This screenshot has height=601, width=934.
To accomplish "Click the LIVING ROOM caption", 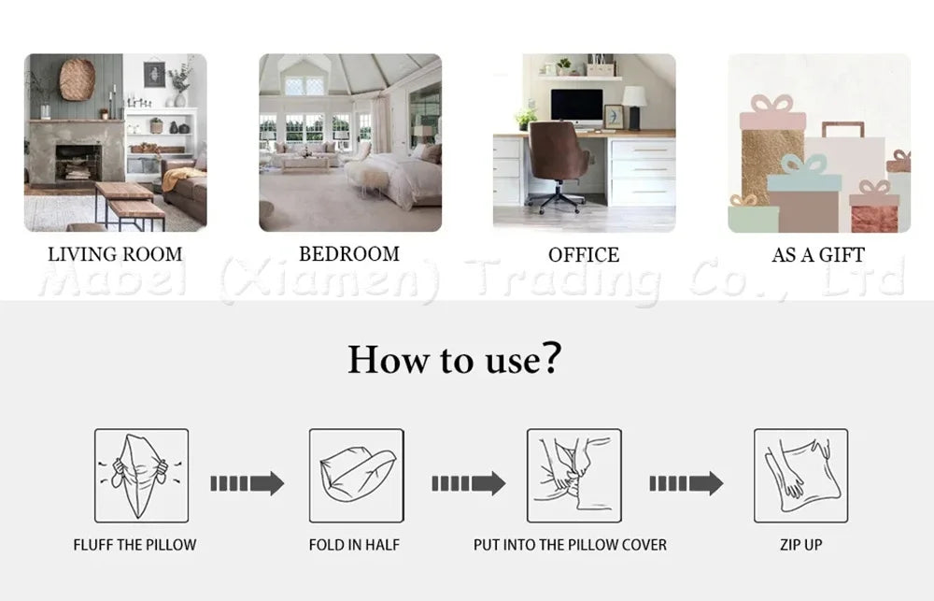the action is click(115, 254).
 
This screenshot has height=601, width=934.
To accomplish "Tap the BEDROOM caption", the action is click(349, 254).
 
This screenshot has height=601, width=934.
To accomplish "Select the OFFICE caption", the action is click(584, 255).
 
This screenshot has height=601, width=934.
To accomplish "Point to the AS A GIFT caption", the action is click(818, 255).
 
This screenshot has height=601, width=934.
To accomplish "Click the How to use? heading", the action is click(455, 359).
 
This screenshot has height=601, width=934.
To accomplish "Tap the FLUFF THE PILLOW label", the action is click(134, 545).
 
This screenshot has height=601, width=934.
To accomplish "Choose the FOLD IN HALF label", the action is click(354, 545).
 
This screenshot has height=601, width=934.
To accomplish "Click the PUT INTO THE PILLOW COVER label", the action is click(570, 545).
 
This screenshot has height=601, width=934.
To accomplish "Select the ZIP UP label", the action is click(801, 545).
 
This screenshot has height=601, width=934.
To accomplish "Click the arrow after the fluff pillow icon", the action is click(248, 483).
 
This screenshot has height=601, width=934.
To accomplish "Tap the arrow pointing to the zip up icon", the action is click(686, 483).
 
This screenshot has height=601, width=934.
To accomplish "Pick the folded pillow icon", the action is click(356, 476).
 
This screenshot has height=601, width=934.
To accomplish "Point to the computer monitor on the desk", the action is click(576, 107).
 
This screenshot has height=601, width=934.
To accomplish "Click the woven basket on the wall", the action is click(77, 79).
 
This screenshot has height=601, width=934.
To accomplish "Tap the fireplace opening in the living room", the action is click(78, 163).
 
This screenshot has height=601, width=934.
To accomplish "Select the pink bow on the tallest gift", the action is click(772, 104).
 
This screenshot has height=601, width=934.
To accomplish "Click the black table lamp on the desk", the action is click(634, 107).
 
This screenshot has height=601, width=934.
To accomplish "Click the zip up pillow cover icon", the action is click(801, 476).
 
